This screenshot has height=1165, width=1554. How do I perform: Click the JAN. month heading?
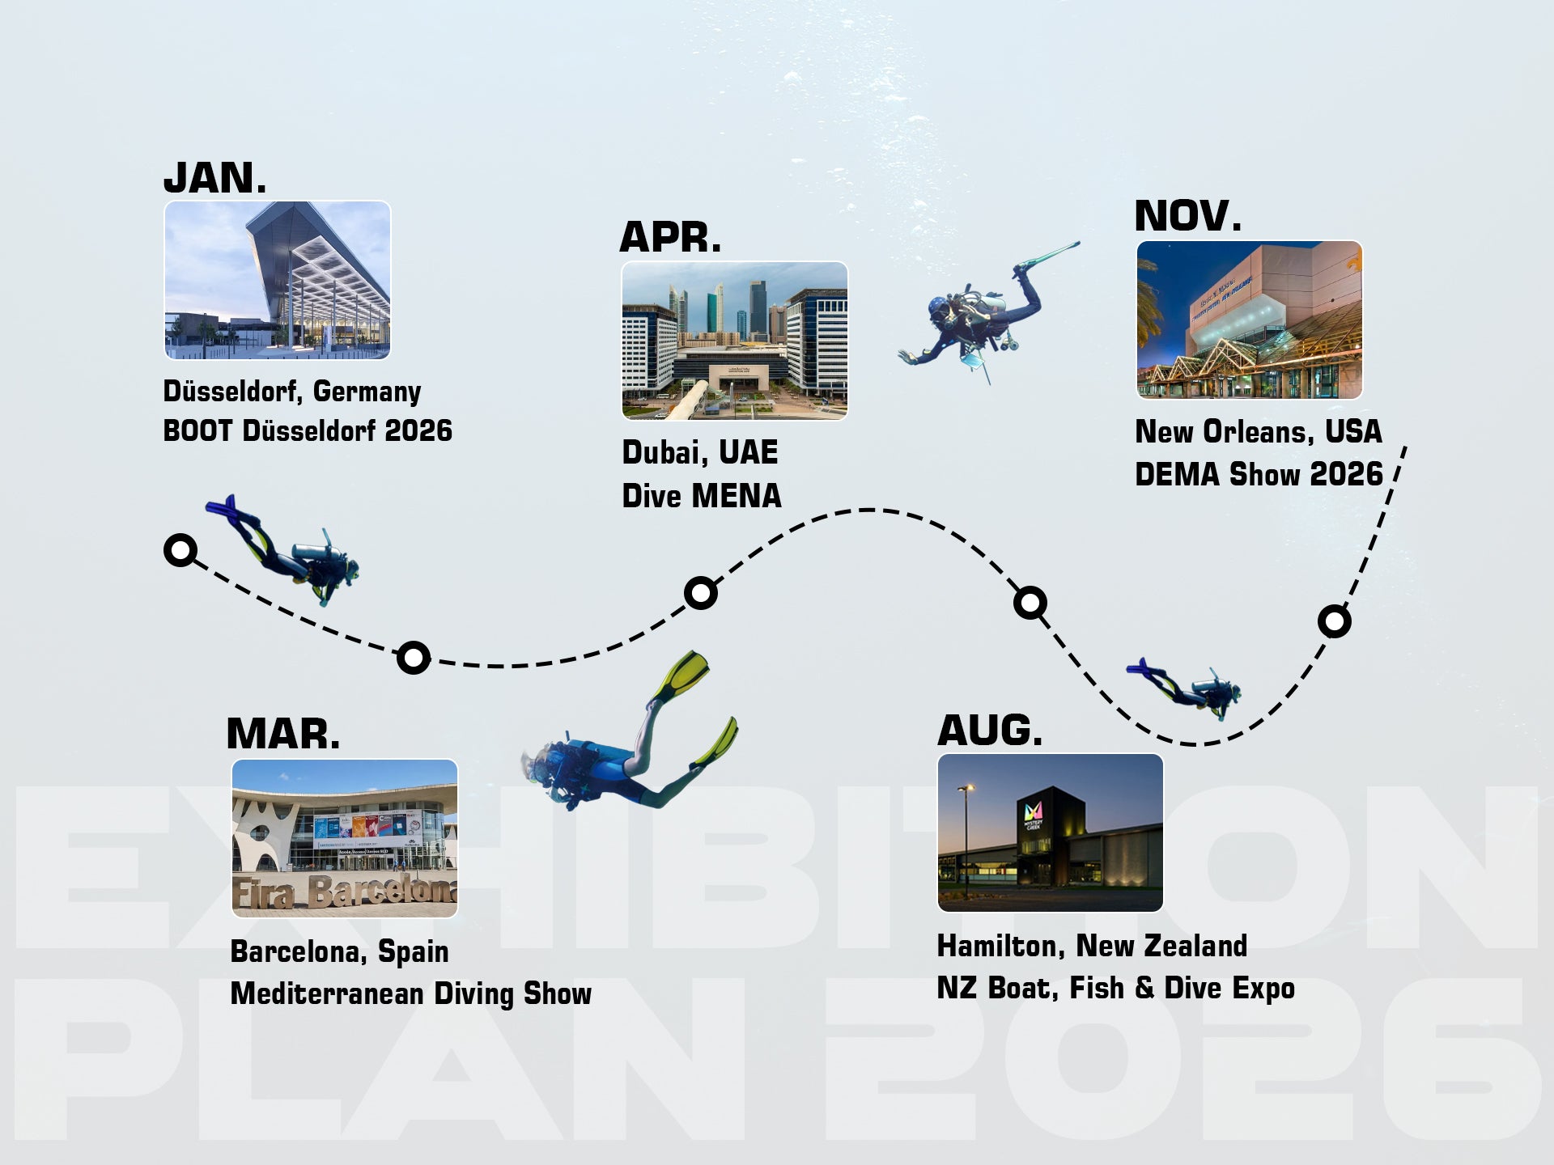(214, 178)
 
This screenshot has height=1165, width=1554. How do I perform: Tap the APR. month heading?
(670, 238)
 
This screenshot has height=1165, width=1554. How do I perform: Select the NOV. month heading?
(1187, 216)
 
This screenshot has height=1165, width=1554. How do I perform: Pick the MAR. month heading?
(283, 734)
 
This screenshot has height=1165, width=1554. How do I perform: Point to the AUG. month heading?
(990, 730)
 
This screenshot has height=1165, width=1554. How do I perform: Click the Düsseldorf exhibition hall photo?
(278, 280)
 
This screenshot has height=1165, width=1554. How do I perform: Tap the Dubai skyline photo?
(734, 341)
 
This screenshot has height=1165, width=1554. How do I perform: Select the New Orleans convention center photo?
(1249, 320)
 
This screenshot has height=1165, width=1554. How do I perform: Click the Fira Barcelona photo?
(345, 838)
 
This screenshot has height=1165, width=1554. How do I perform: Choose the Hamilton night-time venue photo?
(1050, 832)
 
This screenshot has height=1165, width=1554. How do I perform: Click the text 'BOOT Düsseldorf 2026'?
(308, 430)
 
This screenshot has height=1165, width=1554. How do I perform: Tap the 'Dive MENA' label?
(702, 495)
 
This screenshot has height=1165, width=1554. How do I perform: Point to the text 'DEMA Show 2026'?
(1259, 474)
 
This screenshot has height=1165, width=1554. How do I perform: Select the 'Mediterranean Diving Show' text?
(411, 993)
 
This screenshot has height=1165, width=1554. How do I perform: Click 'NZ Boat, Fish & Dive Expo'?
(1116, 988)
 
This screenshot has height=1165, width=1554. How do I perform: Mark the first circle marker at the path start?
(180, 550)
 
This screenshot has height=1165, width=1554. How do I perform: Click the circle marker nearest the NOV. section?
(1334, 621)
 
